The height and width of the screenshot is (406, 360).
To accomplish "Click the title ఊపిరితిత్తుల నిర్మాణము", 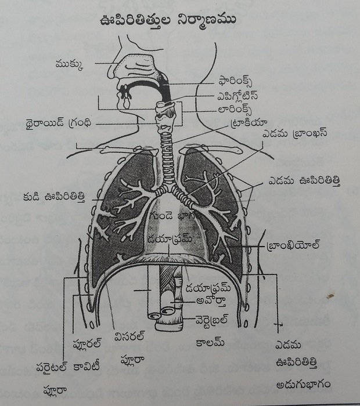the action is coord(168,21).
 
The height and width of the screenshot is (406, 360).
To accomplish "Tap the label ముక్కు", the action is coord(70,64).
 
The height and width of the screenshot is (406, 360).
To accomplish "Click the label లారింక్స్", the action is coord(235,110).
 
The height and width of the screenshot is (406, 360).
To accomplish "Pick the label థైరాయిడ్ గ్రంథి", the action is coord(59,123).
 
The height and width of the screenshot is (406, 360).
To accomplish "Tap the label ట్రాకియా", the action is coord(248,123).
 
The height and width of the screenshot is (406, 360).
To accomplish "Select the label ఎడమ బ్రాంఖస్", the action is coord(295,133).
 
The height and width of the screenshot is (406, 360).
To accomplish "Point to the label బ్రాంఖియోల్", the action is coord(293,245).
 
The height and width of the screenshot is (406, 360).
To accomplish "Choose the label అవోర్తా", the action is coord(211,301).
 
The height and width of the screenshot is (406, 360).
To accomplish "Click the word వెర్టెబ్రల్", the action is coord(212,320).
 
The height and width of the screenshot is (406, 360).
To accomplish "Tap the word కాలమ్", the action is coord(210,342).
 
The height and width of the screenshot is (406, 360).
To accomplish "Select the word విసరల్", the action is coord(129,336).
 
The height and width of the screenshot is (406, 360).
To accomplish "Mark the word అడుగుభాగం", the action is coord(303,384).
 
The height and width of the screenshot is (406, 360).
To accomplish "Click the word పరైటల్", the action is coord(52,367).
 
